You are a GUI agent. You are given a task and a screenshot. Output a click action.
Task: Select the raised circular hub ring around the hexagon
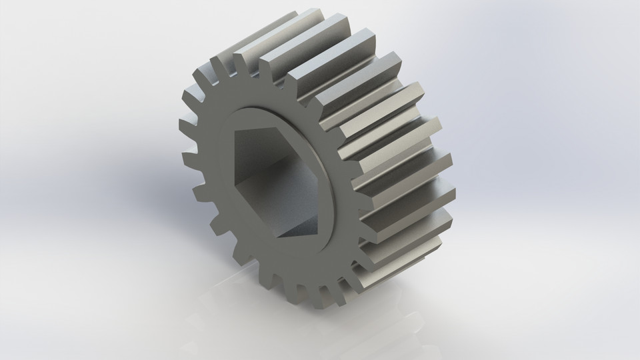click(333, 200)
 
